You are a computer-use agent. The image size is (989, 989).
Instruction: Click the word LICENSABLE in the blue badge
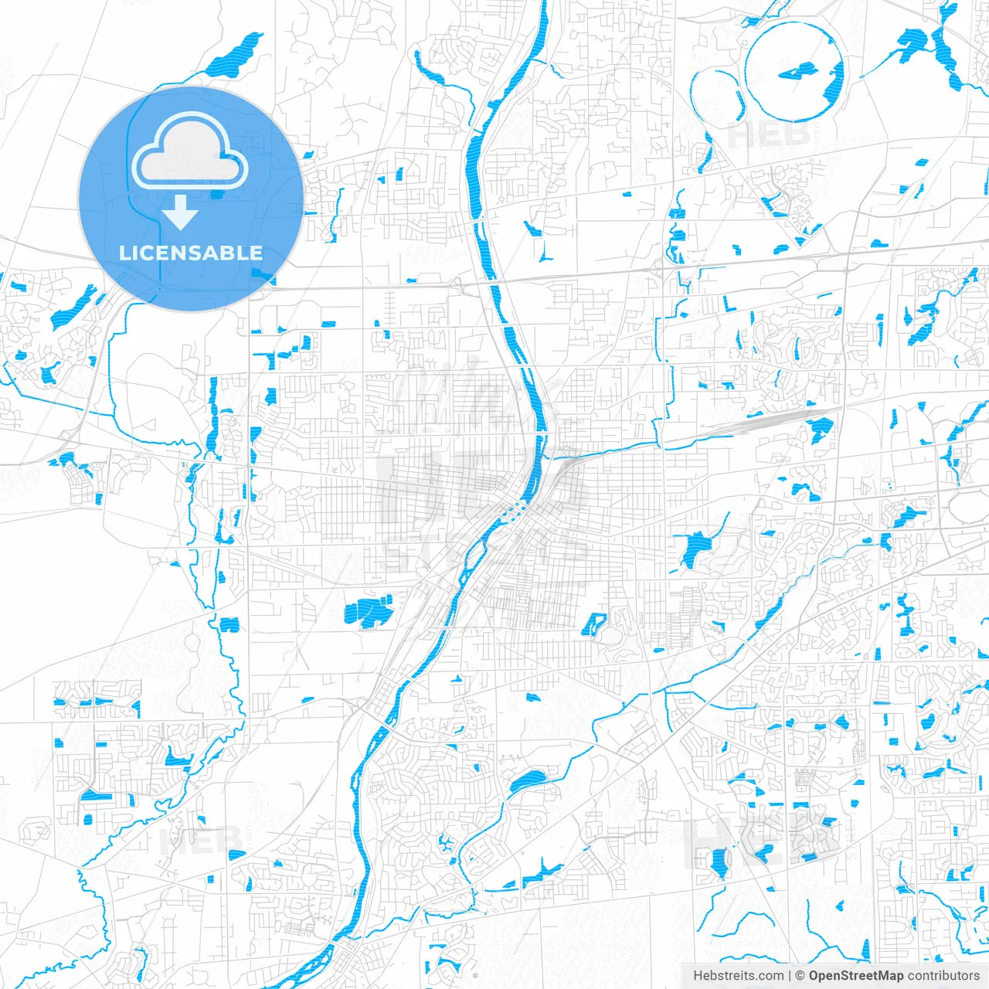click(x=191, y=253)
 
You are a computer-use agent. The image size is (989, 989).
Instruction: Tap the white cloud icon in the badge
click(x=189, y=151)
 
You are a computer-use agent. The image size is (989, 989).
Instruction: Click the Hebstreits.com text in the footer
click(x=738, y=976)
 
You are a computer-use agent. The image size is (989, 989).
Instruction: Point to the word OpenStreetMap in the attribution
click(x=856, y=976)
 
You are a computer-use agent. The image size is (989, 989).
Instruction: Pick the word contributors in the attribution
click(x=943, y=976)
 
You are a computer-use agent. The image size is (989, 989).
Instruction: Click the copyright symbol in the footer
click(x=800, y=976)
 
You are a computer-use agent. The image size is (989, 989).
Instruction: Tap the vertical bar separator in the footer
click(x=790, y=976)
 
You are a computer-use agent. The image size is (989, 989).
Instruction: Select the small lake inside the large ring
click(x=797, y=73)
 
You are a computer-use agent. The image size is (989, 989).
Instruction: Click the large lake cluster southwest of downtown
click(x=368, y=610)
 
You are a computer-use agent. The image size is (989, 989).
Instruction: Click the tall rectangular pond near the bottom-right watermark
click(x=719, y=862)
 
